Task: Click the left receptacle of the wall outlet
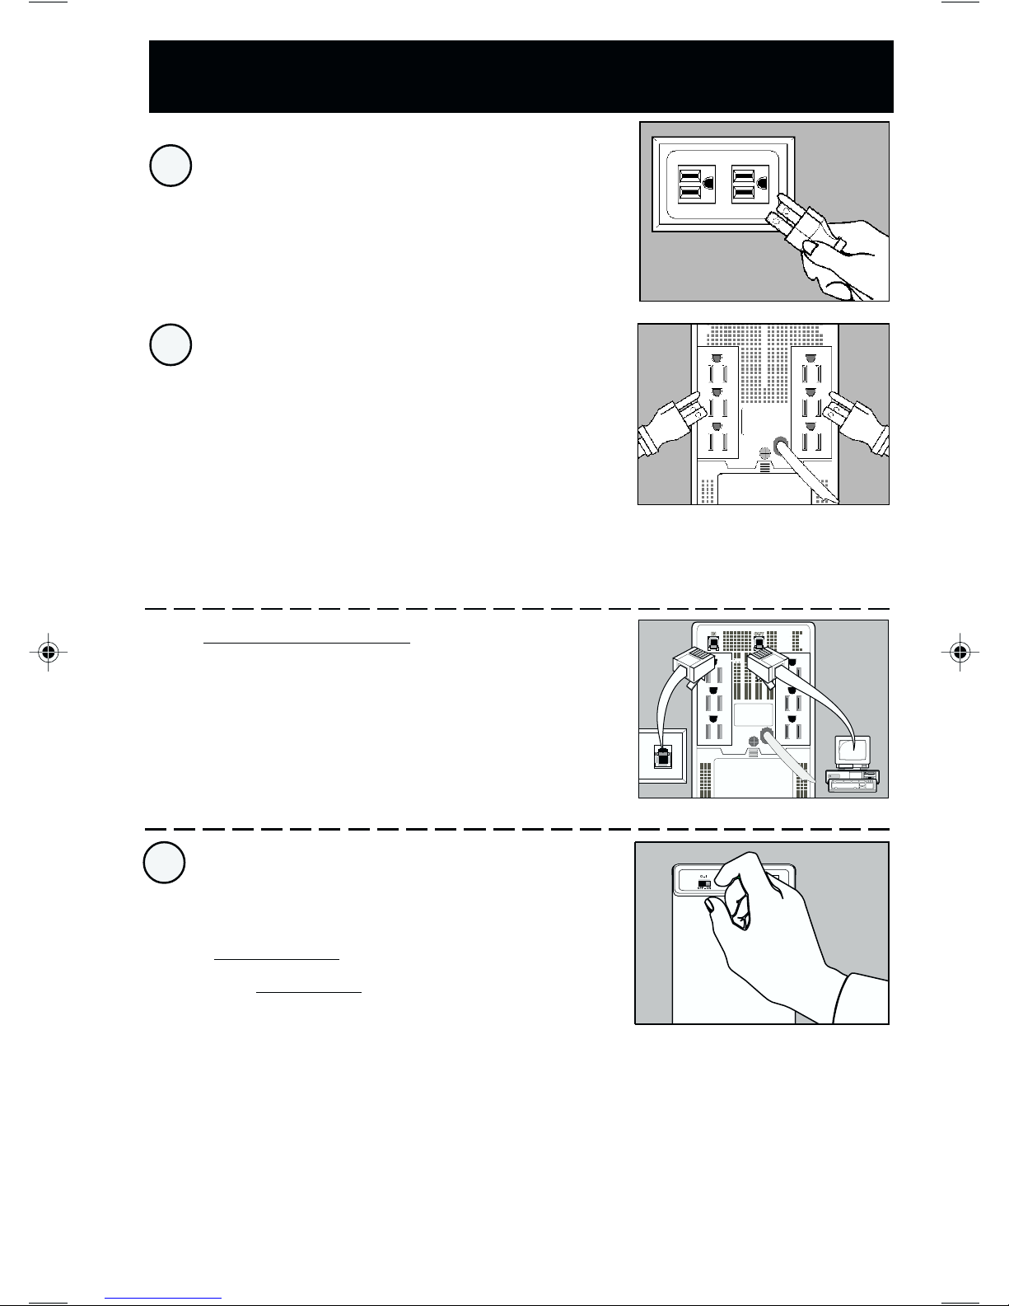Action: point(690,185)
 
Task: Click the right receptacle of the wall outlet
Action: point(745,185)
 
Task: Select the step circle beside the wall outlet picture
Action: point(171,166)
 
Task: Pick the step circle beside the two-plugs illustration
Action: point(171,345)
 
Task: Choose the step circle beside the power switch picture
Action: point(164,863)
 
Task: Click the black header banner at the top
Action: point(521,76)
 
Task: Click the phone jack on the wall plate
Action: point(661,756)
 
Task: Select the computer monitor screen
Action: point(853,751)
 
